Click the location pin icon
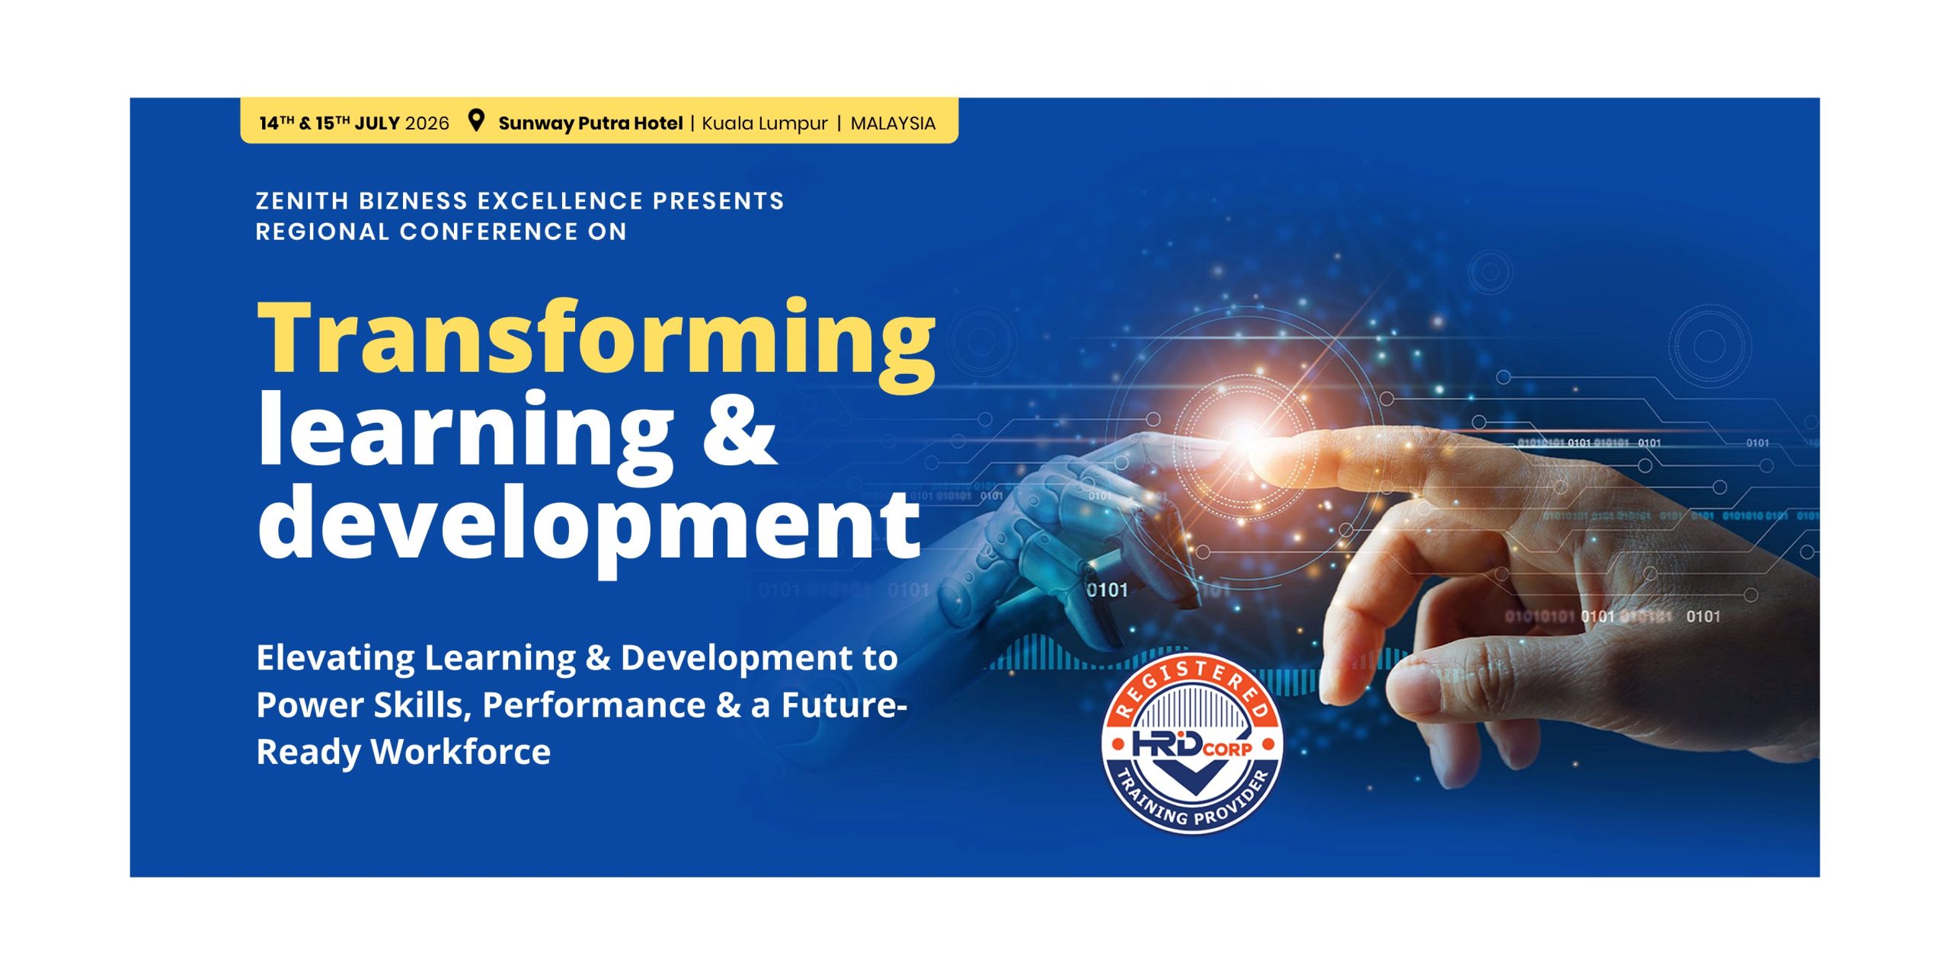point(476,121)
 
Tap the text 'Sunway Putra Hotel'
point(590,123)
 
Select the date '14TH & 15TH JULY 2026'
point(354,123)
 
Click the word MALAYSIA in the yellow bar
point(893,123)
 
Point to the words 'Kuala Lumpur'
point(765,123)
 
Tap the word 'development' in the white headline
point(589,526)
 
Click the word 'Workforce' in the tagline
point(461,752)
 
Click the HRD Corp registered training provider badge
point(1193,743)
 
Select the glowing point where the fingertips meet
point(1245,436)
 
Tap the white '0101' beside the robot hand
point(1107,590)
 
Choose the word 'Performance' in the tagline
point(594,705)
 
